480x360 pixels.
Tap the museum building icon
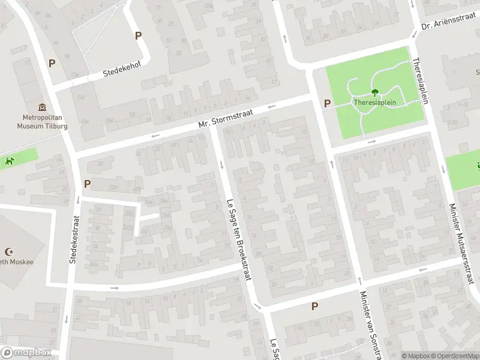(41, 107)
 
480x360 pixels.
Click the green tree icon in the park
(375, 92)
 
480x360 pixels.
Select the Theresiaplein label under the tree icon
(375, 103)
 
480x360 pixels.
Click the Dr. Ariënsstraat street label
(449, 24)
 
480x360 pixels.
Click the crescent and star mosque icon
(9, 252)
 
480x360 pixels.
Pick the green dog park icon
(9, 161)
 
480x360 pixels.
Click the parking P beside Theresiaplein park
(327, 103)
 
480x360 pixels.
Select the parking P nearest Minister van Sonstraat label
(314, 307)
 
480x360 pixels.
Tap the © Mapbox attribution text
(415, 356)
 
